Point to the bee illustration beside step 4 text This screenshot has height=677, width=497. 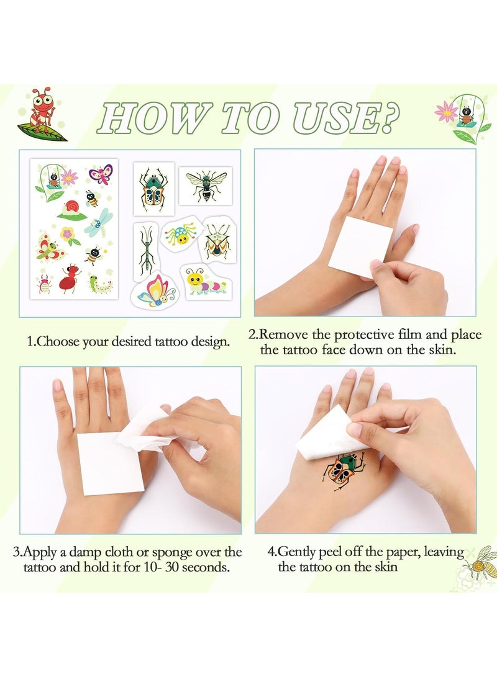[480, 562]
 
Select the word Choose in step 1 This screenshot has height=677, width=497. [58, 341]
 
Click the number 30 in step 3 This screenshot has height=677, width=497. [172, 567]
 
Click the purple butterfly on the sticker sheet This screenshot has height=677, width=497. [101, 174]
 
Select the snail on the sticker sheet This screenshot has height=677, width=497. [71, 210]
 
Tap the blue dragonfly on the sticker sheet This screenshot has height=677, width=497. [99, 222]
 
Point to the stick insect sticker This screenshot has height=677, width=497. [146, 251]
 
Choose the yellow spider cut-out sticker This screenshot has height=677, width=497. [181, 235]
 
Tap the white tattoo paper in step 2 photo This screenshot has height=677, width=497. [360, 246]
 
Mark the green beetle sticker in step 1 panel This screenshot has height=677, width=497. [154, 189]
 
